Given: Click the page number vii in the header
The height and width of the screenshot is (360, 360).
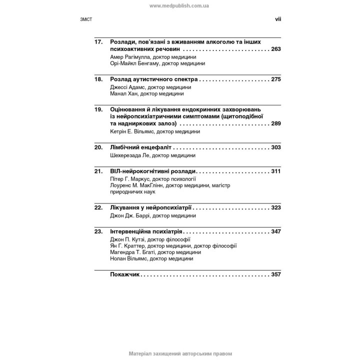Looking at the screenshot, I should (x=278, y=19).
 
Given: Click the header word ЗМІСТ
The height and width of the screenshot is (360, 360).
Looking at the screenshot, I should (x=86, y=20).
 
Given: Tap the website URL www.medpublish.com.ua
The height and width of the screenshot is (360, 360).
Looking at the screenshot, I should (x=179, y=5).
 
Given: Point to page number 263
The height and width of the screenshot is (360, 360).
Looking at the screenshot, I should (x=275, y=50).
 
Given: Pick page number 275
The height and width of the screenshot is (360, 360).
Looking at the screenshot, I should (x=275, y=79).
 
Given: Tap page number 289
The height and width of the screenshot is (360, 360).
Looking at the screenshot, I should (x=275, y=123).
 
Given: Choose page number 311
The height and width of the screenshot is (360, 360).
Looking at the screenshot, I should (x=275, y=170).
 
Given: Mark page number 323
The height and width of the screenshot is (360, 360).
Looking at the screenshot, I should (x=275, y=207).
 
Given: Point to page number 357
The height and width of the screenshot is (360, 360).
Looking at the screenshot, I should (x=275, y=274).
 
